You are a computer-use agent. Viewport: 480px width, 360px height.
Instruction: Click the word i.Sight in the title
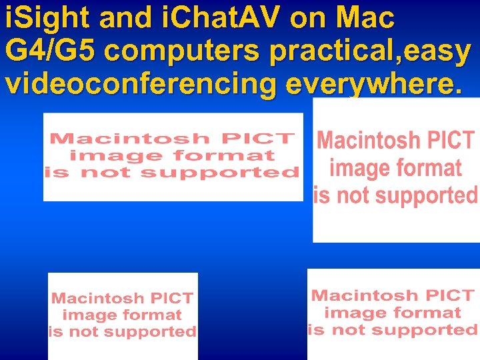point(47,19)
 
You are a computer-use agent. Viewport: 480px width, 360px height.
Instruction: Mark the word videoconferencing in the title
point(140,85)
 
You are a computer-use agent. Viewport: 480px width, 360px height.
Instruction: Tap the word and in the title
point(125,19)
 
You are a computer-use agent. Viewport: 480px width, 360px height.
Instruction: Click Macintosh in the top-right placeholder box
point(370,141)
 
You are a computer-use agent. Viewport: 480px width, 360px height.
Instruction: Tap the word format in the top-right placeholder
point(429,168)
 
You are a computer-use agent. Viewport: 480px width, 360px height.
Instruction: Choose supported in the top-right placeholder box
point(415,195)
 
